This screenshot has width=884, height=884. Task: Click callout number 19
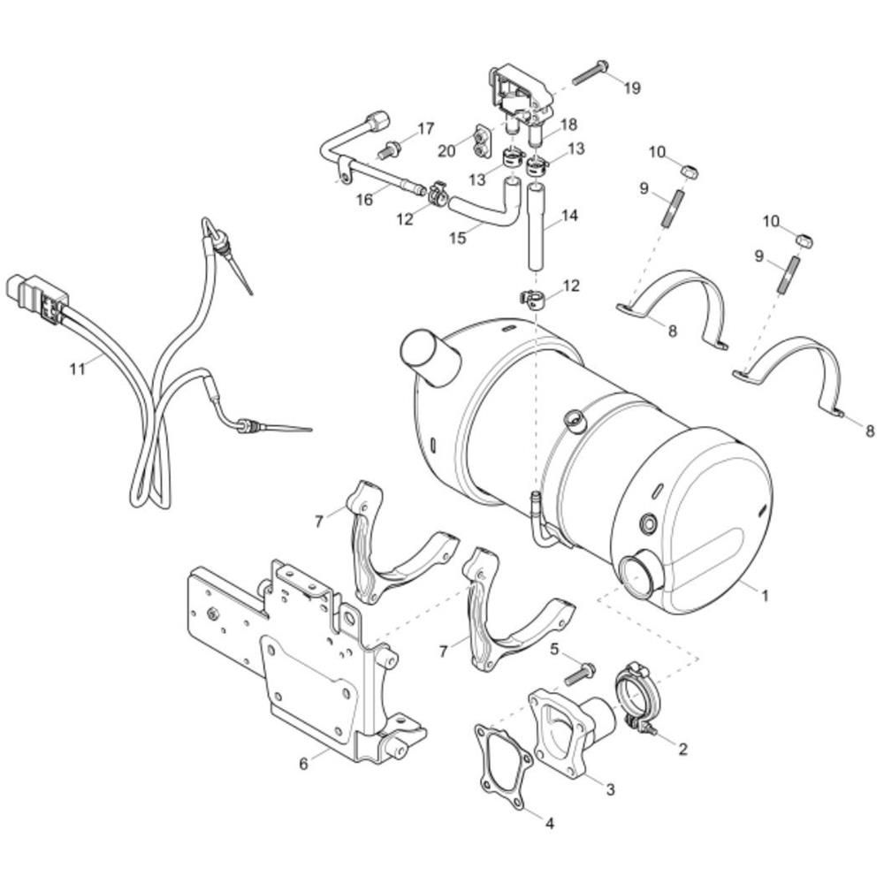coord(632,88)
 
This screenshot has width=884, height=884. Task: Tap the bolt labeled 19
coord(591,73)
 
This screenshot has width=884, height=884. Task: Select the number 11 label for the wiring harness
coord(77,369)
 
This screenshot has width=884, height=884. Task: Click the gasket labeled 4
coord(504,762)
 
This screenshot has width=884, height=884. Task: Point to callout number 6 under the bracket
coord(303,765)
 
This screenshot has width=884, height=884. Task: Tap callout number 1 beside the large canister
coord(765,595)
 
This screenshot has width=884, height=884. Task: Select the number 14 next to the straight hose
coord(569,216)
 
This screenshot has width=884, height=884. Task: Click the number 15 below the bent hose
coord(458,238)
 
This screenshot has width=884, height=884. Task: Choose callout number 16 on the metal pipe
coord(365,200)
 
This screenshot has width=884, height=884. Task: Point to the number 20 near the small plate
coord(446,151)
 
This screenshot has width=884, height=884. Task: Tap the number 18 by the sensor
coord(568,124)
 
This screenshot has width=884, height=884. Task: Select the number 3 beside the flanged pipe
coord(610,789)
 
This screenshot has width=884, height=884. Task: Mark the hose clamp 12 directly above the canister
coord(530,299)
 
